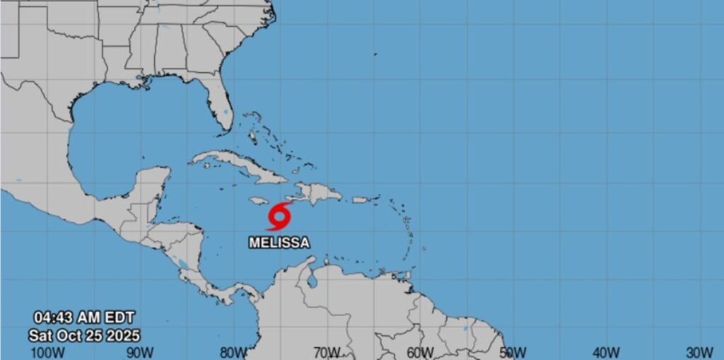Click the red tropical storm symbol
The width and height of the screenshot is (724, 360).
(280, 215)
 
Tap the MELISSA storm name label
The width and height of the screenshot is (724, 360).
(279, 243)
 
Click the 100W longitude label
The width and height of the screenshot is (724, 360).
(47, 352)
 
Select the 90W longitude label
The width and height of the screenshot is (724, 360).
(140, 352)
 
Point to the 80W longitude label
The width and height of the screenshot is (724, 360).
(233, 352)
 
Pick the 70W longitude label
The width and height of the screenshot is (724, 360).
(327, 352)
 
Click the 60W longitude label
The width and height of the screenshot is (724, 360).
(420, 352)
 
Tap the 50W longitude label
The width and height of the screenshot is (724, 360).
(513, 352)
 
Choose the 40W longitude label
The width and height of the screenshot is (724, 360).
(607, 352)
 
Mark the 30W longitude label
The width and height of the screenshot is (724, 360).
(700, 352)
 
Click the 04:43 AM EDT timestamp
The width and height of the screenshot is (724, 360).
(85, 318)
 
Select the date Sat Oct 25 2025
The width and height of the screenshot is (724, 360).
(85, 334)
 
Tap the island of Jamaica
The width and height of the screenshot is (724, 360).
(259, 201)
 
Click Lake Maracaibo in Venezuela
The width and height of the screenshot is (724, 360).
(310, 279)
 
